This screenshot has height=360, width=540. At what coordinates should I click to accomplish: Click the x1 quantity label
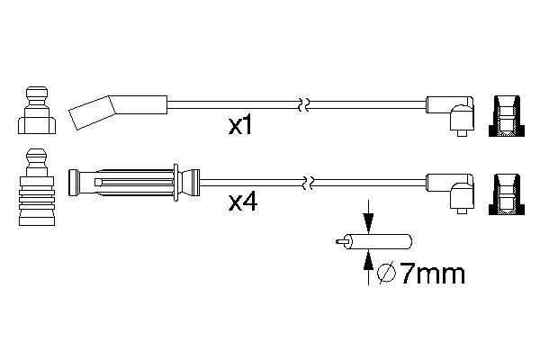(240, 126)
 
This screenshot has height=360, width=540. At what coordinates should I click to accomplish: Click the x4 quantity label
(243, 202)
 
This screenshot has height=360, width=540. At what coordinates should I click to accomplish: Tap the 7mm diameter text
(433, 274)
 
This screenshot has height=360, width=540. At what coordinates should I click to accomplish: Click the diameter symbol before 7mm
(387, 274)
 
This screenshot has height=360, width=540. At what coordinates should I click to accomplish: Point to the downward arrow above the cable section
(368, 217)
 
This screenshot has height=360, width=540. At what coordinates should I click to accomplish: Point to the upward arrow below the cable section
(368, 267)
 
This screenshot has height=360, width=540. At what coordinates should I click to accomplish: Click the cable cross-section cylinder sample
(378, 241)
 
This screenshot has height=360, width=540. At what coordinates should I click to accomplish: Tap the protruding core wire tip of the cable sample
(340, 242)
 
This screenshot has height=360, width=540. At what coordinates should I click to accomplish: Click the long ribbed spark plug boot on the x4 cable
(134, 183)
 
